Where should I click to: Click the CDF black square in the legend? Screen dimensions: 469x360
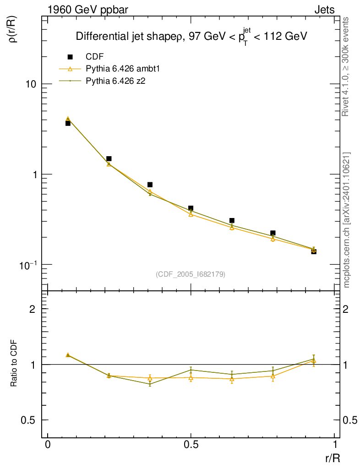70,57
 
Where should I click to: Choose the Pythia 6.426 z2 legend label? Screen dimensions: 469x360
116,81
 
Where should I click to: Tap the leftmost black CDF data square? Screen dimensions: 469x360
68,123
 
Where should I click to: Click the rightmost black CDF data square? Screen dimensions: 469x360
314,251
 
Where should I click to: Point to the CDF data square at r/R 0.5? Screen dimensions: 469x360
191,208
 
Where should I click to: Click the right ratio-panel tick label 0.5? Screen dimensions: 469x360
349,420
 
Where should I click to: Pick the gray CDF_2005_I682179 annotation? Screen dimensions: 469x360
191,274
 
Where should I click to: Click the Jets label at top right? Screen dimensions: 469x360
324,10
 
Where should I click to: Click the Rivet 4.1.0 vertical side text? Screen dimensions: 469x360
346,67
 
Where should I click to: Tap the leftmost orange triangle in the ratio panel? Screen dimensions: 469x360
68,355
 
